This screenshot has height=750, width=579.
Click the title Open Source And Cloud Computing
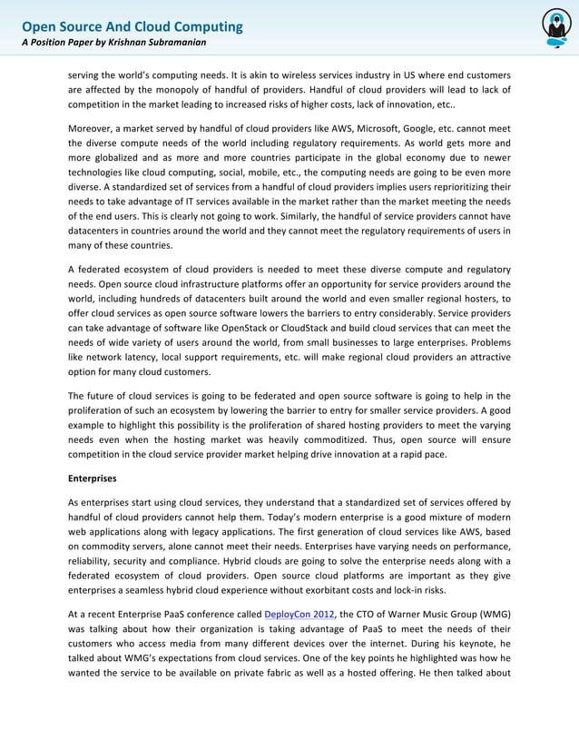coord(132,26)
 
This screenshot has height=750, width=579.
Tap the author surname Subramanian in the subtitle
coord(175,43)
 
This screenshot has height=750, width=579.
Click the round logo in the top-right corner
coord(555,28)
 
